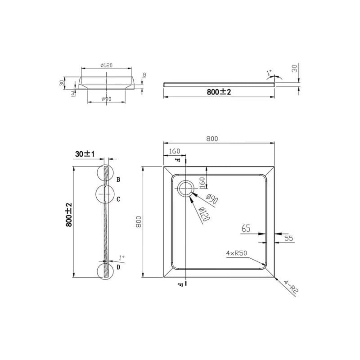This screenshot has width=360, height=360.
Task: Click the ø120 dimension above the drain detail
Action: click(x=107, y=65)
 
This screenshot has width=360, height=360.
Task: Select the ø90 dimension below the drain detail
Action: click(x=107, y=99)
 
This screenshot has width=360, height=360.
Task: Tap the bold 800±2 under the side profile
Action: click(x=219, y=92)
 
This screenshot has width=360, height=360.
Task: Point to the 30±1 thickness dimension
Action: click(x=85, y=154)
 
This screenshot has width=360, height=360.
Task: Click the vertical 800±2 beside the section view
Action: click(x=69, y=215)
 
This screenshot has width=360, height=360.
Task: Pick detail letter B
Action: click(x=118, y=180)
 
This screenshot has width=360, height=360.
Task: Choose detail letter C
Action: click(x=118, y=199)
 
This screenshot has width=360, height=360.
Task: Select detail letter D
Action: click(x=118, y=267)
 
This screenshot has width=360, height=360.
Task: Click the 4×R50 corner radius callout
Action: click(x=237, y=253)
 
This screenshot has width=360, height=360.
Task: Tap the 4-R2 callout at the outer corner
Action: click(x=291, y=286)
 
